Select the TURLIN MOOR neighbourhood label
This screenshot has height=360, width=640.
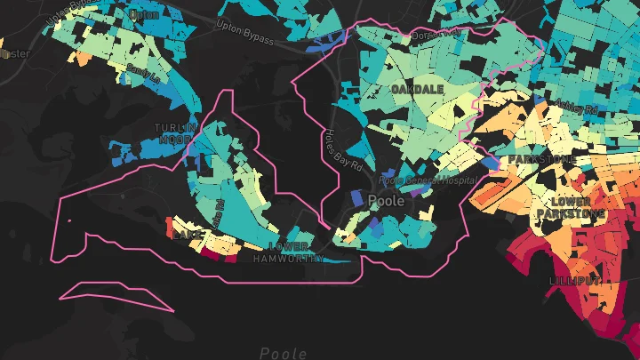click(x=173, y=133)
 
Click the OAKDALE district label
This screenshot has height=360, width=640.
click(x=417, y=90)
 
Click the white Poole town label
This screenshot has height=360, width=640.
click(x=386, y=201)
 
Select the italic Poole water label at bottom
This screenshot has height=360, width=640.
click(x=284, y=353)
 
